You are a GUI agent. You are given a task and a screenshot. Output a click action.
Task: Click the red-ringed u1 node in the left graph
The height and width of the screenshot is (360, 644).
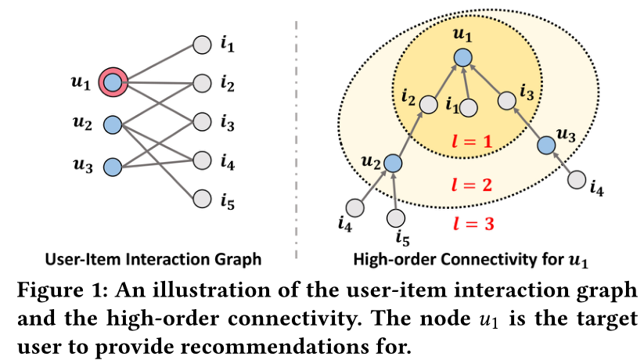[x=113, y=81]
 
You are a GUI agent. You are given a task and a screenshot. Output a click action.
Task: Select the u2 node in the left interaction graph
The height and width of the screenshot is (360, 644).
[x=113, y=124]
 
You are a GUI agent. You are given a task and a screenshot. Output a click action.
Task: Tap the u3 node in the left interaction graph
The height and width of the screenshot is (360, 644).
[x=113, y=167]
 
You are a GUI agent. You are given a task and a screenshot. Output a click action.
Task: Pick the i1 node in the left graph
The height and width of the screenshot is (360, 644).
[x=202, y=45]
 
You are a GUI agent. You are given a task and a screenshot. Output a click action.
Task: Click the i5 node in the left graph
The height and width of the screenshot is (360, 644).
[x=202, y=198]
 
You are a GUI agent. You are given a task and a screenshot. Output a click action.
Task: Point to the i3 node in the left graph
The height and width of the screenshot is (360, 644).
[x=202, y=121]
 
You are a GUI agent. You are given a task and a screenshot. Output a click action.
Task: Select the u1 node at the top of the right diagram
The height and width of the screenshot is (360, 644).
[x=463, y=57]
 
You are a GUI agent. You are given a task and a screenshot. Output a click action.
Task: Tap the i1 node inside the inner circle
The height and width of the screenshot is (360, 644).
[x=469, y=108]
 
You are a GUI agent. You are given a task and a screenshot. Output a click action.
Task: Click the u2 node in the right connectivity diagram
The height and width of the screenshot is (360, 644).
[x=392, y=163]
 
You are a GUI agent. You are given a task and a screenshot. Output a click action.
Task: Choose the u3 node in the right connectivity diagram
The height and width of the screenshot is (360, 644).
[x=547, y=144]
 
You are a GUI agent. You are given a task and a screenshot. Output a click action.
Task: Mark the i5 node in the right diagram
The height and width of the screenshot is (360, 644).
[x=396, y=217]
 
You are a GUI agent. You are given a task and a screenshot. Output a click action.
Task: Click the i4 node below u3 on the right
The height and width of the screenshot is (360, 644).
[x=577, y=181]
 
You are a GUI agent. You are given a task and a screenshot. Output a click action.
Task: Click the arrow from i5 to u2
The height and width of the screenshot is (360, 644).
[x=394, y=191]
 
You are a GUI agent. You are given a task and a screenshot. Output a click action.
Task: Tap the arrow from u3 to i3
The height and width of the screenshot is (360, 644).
[x=527, y=123]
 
